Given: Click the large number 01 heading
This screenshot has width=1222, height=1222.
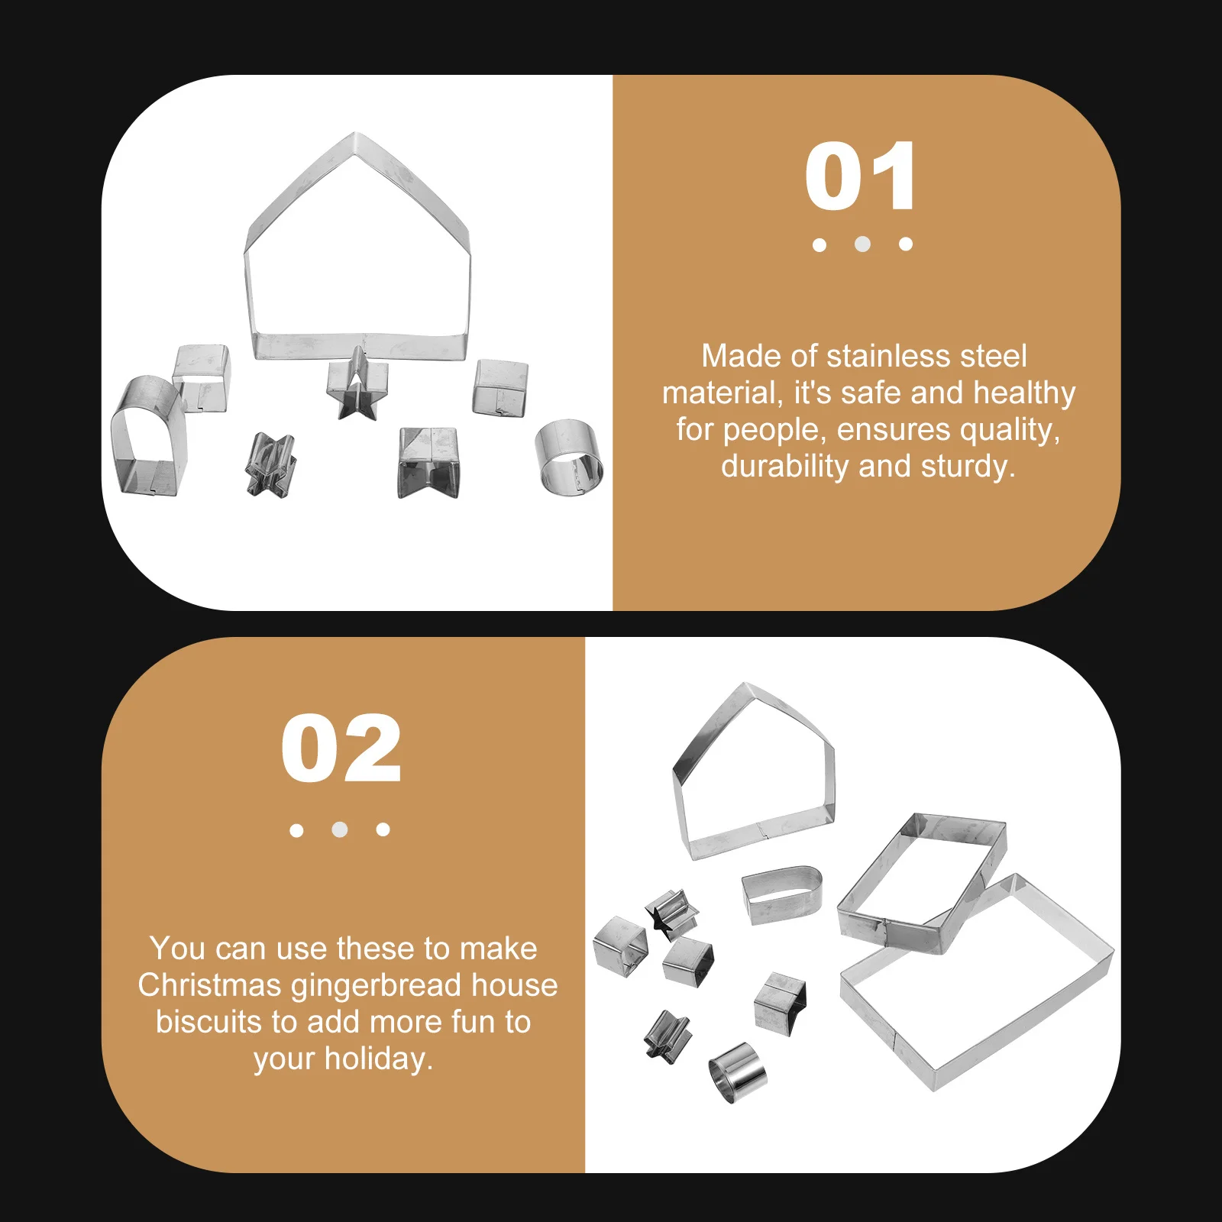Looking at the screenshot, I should coord(861,177).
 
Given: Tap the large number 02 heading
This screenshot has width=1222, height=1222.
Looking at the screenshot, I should coord(341,749).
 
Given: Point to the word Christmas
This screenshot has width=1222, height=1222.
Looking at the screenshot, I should coord(209,985).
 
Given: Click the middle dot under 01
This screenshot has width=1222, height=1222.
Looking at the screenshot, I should coord(862,244).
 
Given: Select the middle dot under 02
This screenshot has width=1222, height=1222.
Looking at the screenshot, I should coord(340,829).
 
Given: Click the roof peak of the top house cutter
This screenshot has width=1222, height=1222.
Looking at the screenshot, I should coord(356,137).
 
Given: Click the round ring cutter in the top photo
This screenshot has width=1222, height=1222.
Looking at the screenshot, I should coord(569,456).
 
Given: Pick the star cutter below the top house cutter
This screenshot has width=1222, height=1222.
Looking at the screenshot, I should coord(354,386).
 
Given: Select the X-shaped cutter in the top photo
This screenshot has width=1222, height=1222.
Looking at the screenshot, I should coord(270,464).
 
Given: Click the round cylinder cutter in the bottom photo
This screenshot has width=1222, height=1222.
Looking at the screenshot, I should coord(736,1072).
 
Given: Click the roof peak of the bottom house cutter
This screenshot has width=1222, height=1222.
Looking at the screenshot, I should coord(745,687).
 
